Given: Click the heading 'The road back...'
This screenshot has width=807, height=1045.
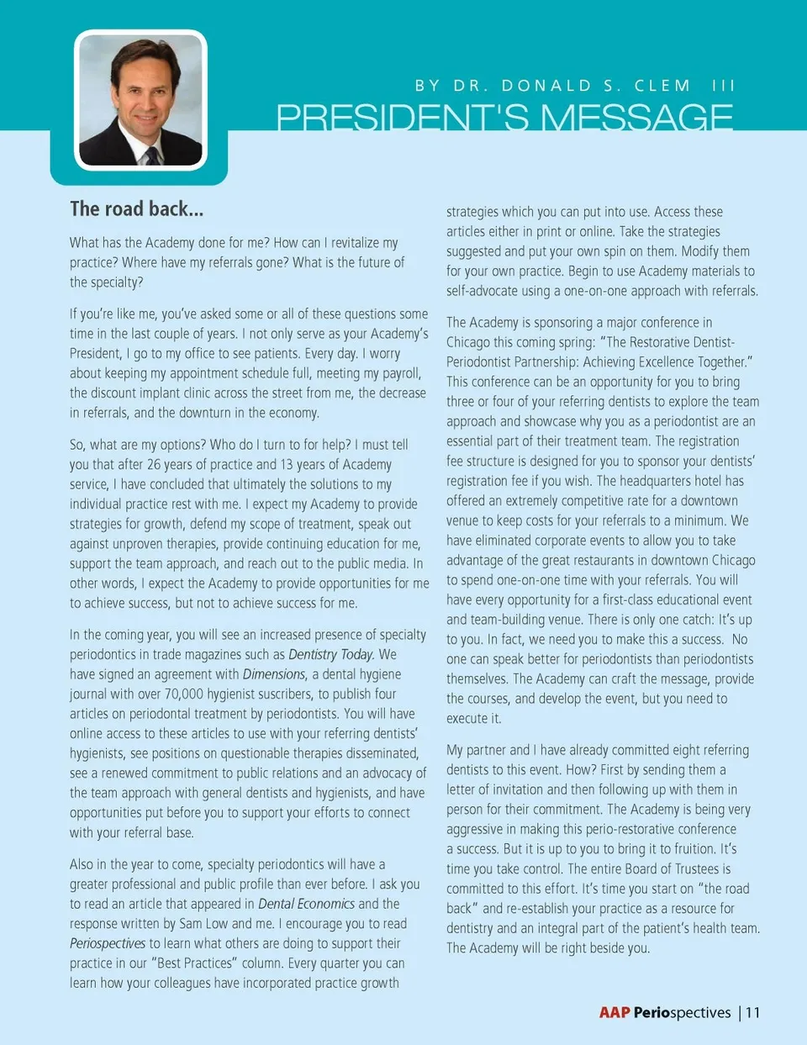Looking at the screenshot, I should pos(136,209).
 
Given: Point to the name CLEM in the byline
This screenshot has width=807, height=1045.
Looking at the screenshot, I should pos(662,86).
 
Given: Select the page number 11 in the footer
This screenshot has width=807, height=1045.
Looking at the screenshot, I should pos(752,1012).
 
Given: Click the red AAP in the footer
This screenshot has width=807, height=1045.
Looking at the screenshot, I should pos(614,1012).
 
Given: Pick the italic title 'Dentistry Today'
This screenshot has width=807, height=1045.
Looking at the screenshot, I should pos(330,654).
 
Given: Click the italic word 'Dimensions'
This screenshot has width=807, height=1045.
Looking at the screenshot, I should pos(274,674).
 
